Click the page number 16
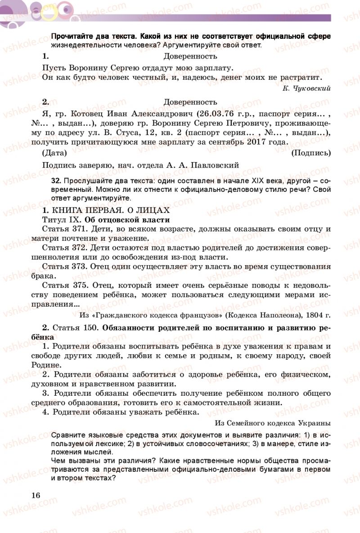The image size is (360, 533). click(36, 495)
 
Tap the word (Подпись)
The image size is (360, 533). click(311, 153)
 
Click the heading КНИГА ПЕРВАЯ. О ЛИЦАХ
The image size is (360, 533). click(111, 210)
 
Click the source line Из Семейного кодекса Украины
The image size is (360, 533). click(273, 423)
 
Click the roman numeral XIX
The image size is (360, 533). click(260, 181)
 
